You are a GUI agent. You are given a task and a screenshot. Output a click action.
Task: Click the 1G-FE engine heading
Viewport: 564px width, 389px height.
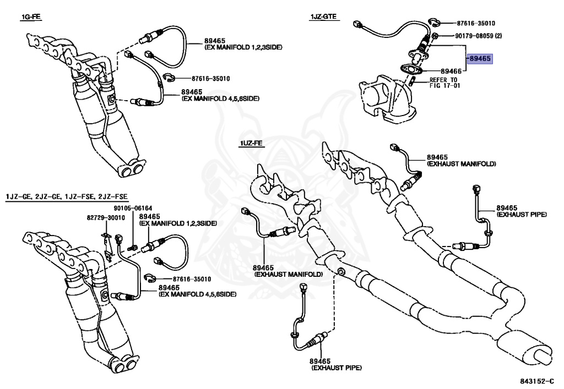coord(31,18)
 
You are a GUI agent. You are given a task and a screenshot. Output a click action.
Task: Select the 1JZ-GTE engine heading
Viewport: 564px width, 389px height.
coord(323,18)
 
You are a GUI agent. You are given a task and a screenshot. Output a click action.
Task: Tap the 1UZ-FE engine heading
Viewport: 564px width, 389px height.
coord(252,144)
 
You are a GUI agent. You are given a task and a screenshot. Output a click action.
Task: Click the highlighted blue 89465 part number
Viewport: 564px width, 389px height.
coord(480,59)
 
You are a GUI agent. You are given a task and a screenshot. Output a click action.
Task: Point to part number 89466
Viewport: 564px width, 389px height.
coord(451,72)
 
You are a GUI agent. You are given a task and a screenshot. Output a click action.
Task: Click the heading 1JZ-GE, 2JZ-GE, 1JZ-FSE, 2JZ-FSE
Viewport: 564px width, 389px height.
coord(67,196)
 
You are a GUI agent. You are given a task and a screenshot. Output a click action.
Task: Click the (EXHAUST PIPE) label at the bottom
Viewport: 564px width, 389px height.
coord(337,367)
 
